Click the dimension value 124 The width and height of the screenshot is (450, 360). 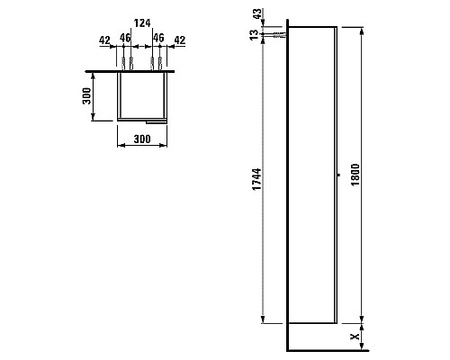pos(142,22)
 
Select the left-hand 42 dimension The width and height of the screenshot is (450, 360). pos(104,40)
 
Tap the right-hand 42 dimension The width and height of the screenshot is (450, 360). pos(180,40)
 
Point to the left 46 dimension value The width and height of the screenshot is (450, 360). pos(125,38)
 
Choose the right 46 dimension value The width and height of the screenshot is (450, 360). pos(158,38)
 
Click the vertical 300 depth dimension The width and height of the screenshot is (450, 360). pos(86,95)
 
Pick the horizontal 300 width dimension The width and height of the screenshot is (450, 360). pos(142,139)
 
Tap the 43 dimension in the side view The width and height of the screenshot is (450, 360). pos(257,14)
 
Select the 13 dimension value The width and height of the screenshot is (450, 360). pos(254,35)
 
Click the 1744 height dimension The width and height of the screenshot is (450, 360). pos(256,179)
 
